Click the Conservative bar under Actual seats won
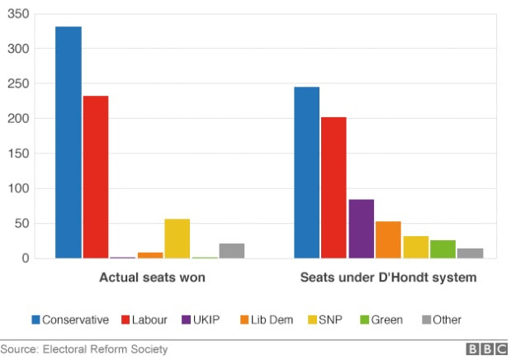click(x=69, y=142)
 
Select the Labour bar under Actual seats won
click(x=96, y=177)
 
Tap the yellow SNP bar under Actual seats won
click(x=177, y=239)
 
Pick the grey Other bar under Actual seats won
click(x=232, y=251)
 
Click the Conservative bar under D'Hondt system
click(x=307, y=173)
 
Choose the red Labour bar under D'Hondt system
click(x=334, y=187)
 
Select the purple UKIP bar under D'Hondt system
click(x=361, y=229)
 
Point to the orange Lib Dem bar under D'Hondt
click(x=388, y=239)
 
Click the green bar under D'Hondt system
click(x=442, y=249)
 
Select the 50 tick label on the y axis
click(x=24, y=224)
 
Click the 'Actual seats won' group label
click(x=152, y=278)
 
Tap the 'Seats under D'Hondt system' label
click(x=387, y=278)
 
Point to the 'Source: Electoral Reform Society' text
click(x=83, y=349)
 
